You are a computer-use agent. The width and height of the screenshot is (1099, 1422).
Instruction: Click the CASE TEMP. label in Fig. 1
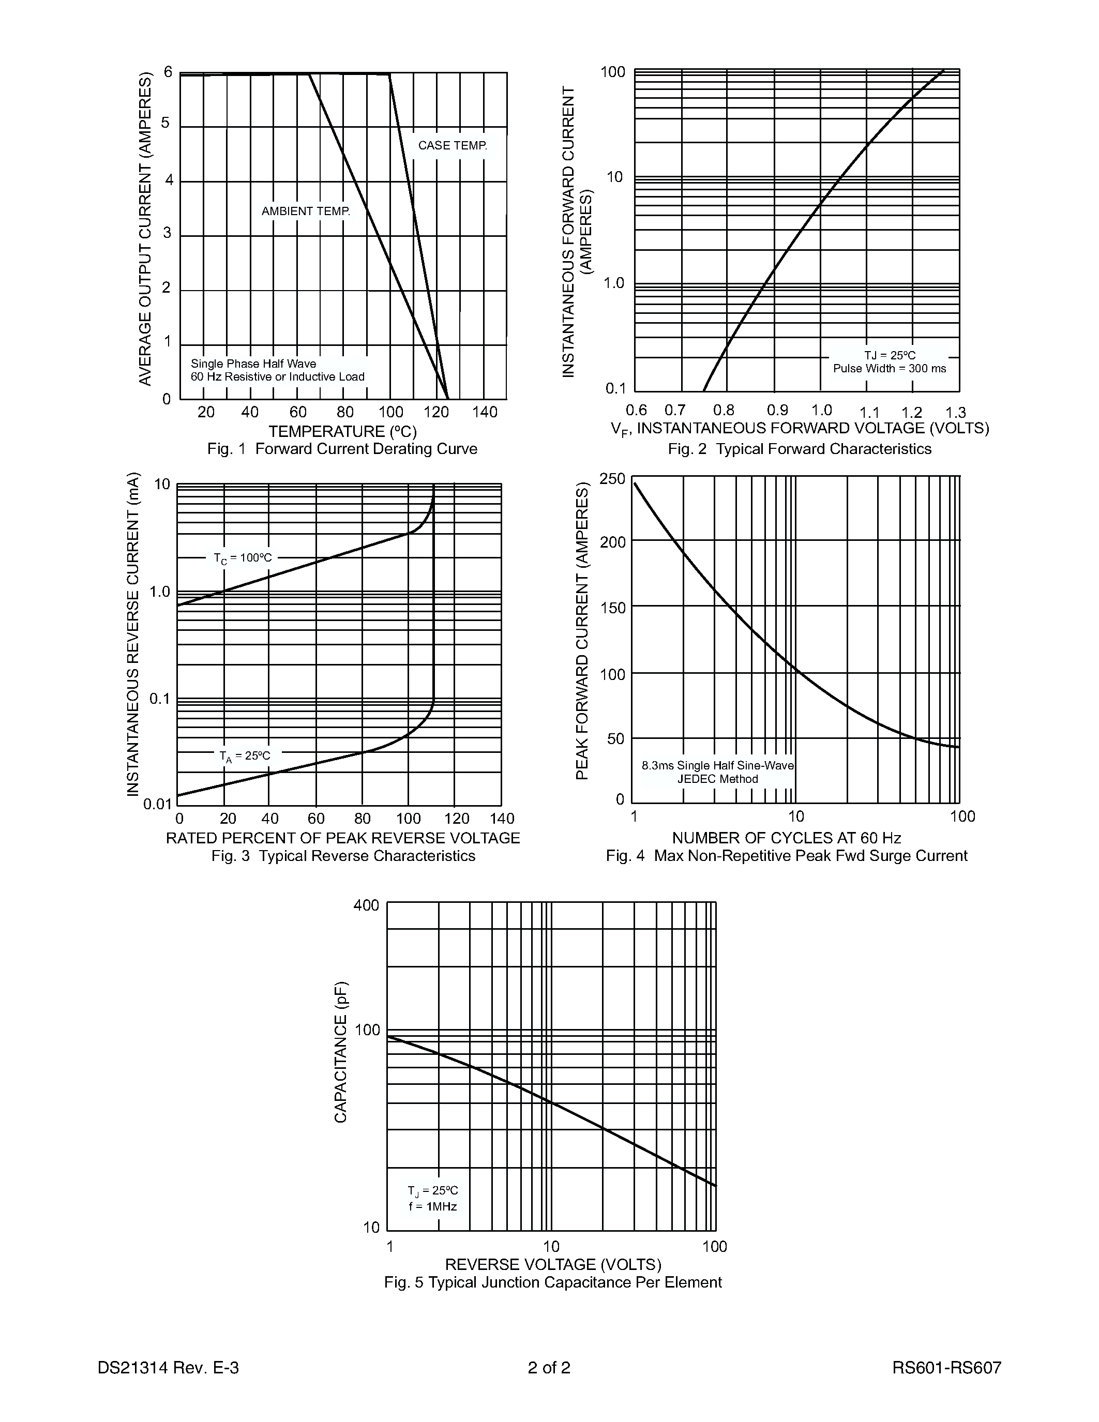453,145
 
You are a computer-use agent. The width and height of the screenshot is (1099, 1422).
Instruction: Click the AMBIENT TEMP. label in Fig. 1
305,211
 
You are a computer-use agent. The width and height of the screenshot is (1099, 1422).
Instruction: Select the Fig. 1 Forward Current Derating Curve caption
342,449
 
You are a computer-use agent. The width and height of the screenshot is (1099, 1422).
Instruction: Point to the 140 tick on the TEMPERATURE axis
485,412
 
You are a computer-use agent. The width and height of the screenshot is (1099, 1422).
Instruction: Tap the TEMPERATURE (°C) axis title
342,431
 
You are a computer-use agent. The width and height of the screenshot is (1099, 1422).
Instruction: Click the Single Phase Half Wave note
253,364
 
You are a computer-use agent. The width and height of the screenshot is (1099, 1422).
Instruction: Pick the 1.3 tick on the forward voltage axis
955,413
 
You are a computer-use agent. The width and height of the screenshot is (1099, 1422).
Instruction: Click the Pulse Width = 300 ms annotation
890,369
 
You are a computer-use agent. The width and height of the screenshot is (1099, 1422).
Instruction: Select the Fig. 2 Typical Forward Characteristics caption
800,449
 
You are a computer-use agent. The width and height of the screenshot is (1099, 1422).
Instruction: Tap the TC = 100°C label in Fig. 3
243,558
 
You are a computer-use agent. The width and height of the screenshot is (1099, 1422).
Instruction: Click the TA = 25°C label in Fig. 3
244,756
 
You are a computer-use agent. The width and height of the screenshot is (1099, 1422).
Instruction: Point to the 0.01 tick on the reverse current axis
157,804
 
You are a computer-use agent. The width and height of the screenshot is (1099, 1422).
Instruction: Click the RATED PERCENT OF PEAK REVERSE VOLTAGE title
342,838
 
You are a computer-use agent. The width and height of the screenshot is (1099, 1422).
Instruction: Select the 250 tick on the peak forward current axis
611,479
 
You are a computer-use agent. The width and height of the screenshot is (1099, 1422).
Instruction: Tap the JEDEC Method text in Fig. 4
717,779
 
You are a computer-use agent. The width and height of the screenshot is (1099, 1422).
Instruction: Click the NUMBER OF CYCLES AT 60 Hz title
787,838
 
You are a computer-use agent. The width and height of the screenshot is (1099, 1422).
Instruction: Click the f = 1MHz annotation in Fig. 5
433,1206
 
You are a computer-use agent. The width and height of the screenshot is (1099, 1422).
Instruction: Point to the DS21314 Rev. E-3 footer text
168,1367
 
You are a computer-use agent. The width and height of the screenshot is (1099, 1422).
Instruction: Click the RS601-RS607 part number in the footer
946,1367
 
